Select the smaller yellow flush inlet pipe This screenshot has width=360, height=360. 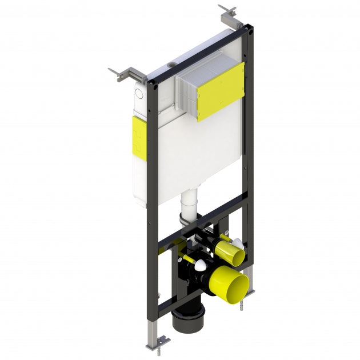click(229, 249)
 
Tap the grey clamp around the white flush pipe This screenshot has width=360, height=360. click(184, 218)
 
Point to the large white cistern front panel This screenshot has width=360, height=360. click(189, 154)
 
